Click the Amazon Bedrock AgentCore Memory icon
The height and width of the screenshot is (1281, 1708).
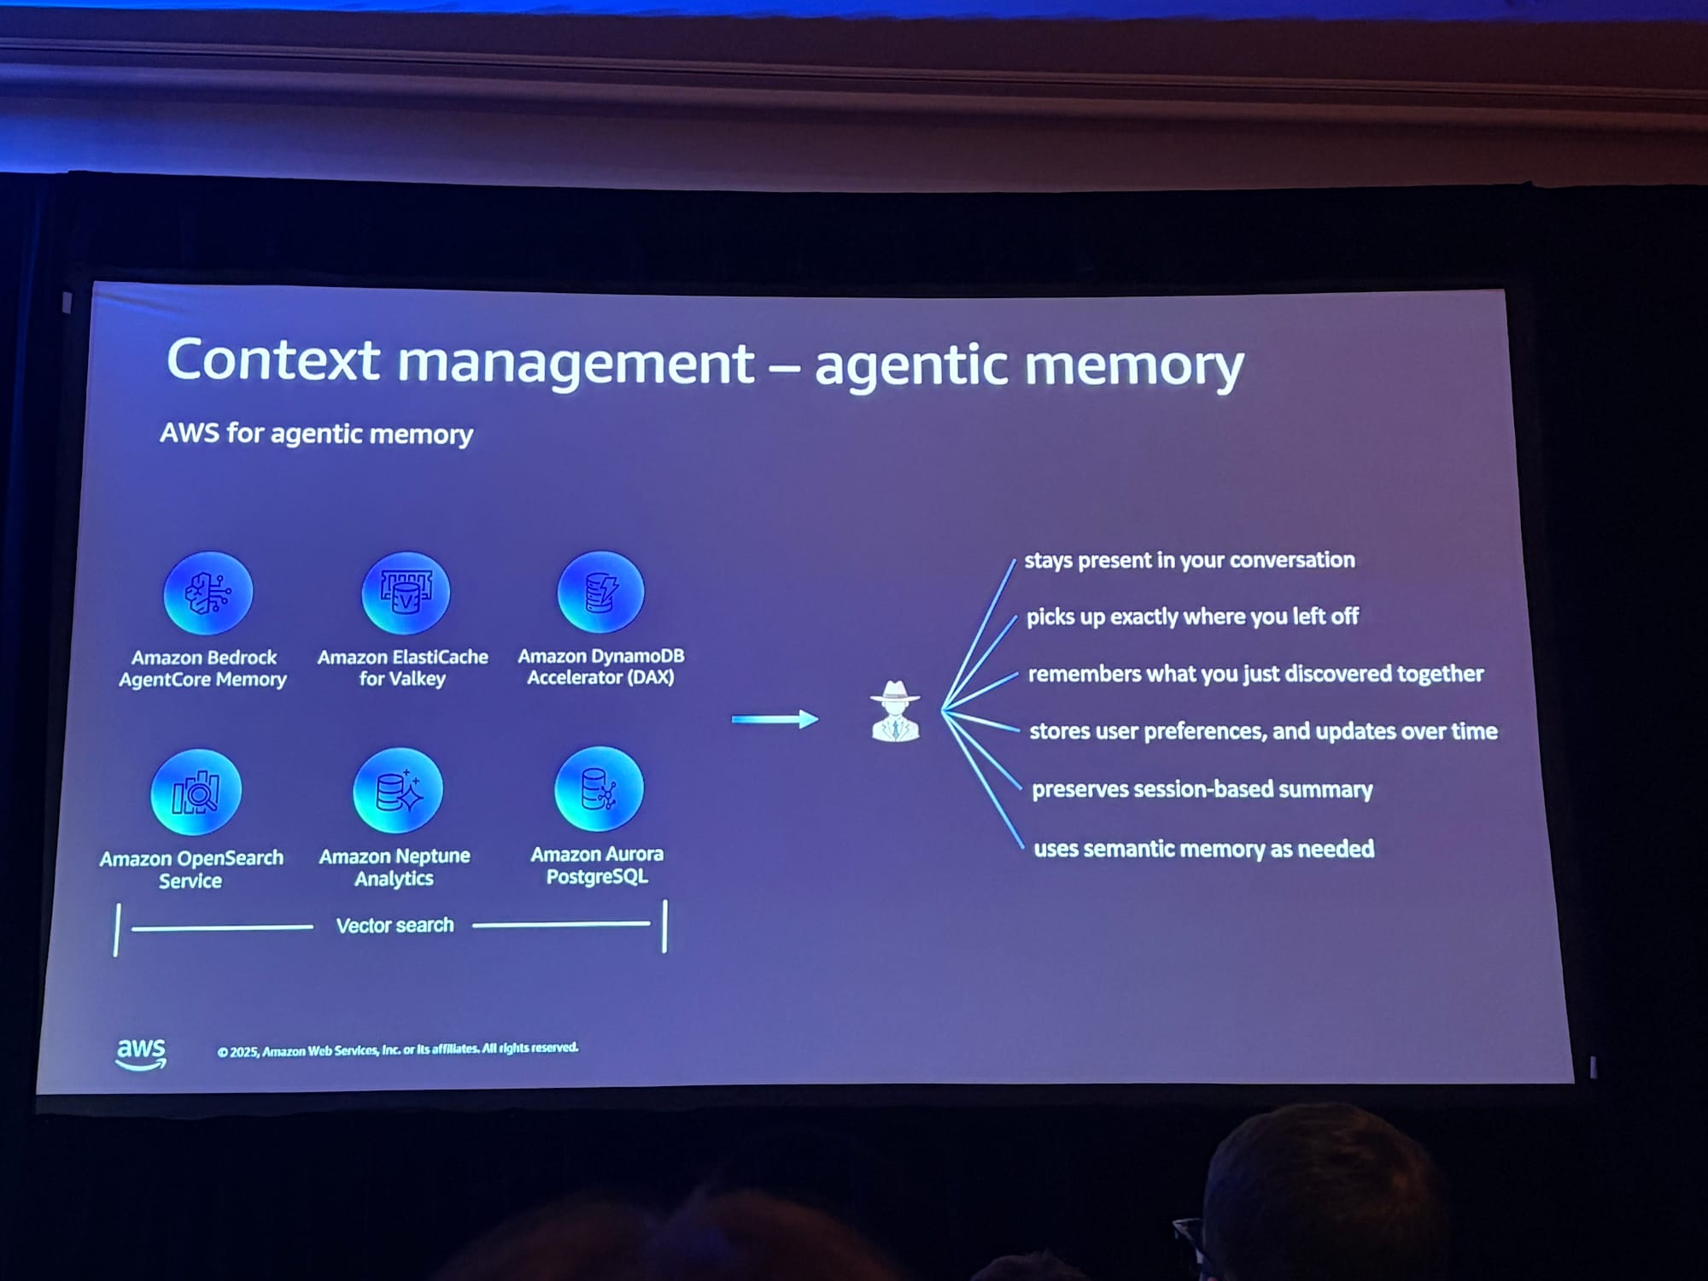tap(208, 593)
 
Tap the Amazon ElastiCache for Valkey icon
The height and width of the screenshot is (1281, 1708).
tap(406, 592)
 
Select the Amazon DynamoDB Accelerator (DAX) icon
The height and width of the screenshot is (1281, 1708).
tap(600, 591)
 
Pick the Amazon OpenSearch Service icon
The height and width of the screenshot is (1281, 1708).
tap(196, 792)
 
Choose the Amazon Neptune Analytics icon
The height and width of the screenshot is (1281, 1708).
tap(398, 790)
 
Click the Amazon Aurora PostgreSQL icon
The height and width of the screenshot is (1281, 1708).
tap(599, 788)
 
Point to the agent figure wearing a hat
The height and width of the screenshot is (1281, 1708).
tap(895, 711)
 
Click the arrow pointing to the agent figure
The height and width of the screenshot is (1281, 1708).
tap(775, 719)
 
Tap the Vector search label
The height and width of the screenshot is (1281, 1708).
tap(395, 925)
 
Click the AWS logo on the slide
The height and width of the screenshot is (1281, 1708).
tap(141, 1053)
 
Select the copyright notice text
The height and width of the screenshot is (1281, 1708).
tap(397, 1049)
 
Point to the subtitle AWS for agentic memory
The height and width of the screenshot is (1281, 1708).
tap(316, 434)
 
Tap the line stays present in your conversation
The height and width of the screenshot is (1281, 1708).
tap(1189, 560)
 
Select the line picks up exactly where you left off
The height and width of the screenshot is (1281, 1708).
tap(1192, 617)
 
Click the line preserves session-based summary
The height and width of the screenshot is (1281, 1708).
tap(1202, 789)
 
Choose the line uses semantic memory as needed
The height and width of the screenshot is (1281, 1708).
tap(1203, 849)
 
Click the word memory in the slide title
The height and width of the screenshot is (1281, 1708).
tap(1133, 366)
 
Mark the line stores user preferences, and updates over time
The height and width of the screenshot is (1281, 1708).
tap(1263, 731)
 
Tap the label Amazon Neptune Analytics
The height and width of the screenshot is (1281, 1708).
tap(395, 867)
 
